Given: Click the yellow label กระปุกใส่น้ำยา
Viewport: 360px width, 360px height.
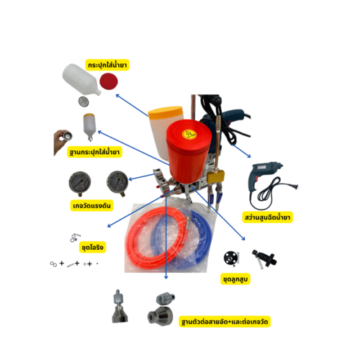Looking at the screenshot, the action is pyautogui.click(x=107, y=65).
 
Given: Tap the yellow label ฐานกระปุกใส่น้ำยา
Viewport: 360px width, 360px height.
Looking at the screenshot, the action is pyautogui.click(x=94, y=152).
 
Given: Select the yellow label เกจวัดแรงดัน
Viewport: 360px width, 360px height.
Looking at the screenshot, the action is pyautogui.click(x=91, y=206).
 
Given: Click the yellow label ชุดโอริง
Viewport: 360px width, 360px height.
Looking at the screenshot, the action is pyautogui.click(x=92, y=247).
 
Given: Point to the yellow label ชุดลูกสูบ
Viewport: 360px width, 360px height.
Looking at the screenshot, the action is pyautogui.click(x=235, y=279).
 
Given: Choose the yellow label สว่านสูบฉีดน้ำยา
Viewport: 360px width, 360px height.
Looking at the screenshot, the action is pyautogui.click(x=267, y=217).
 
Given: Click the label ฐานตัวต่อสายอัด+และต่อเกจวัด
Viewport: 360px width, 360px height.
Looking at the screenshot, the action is pyautogui.click(x=225, y=322).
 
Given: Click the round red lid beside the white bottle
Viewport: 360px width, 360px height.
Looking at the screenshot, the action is pyautogui.click(x=109, y=81).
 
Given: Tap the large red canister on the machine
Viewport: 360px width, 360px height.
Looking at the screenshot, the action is pyautogui.click(x=189, y=151).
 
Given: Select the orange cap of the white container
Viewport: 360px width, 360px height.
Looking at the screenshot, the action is pyautogui.click(x=166, y=112).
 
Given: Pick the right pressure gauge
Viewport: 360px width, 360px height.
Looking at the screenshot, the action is pyautogui.click(x=117, y=183).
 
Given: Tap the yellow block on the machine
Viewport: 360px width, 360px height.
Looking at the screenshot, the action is pyautogui.click(x=216, y=176).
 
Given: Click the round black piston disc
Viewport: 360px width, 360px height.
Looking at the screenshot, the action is pyautogui.click(x=231, y=258).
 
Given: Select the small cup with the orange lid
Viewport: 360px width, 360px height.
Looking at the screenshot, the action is pyautogui.click(x=89, y=127).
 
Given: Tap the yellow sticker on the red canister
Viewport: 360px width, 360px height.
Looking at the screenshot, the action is pyautogui.click(x=189, y=134).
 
